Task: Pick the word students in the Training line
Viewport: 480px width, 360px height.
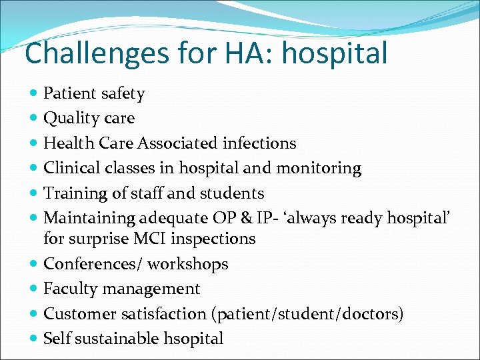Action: (x=230, y=193)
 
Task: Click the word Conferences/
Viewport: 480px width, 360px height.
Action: (x=93, y=264)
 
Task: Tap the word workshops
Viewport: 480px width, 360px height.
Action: (x=188, y=264)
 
